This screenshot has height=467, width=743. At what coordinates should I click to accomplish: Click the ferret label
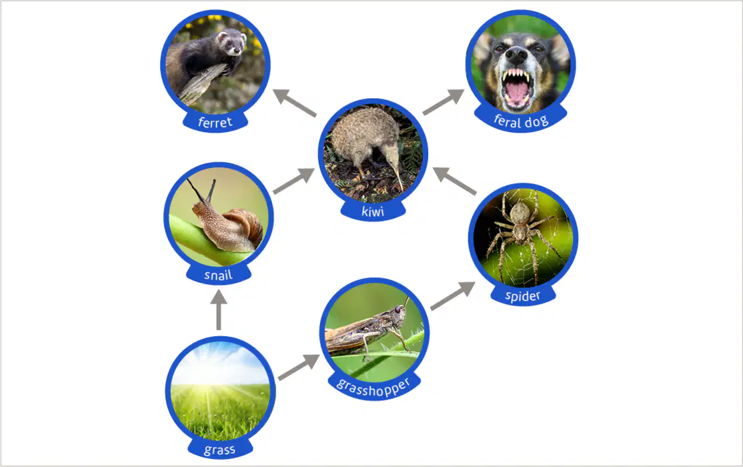[215, 122]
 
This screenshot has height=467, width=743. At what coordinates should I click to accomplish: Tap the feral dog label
[521, 121]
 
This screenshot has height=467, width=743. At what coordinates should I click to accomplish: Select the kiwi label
[373, 211]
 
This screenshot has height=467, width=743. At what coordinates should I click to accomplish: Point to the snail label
[218, 275]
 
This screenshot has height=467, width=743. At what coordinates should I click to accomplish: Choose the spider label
[523, 296]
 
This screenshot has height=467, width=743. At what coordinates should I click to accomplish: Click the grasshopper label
[374, 387]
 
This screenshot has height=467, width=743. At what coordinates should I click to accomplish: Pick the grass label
[219, 450]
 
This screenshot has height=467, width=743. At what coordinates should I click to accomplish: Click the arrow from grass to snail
[219, 310]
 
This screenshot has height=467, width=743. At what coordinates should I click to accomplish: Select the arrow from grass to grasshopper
[299, 366]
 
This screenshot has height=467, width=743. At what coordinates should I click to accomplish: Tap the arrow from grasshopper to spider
[452, 296]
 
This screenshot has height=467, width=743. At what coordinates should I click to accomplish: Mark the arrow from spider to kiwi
[454, 181]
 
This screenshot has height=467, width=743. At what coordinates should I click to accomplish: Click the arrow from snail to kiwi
[293, 181]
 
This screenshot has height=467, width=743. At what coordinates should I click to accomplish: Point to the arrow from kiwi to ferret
[295, 102]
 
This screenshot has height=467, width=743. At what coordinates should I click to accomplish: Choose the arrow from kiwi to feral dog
[444, 101]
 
